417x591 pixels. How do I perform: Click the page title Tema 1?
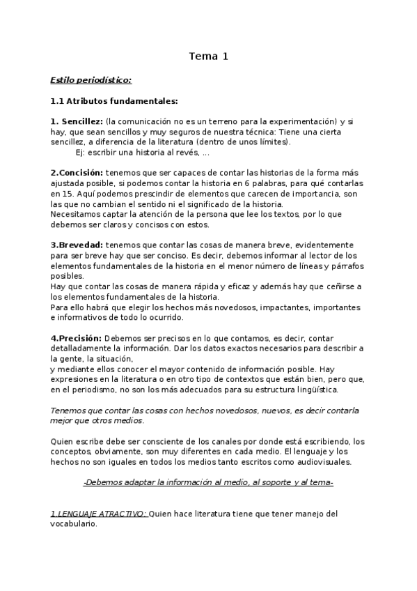pyautogui.click(x=208, y=56)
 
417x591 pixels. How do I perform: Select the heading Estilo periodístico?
pyautogui.click(x=91, y=80)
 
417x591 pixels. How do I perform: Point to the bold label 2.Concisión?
pyautogui.click(x=77, y=173)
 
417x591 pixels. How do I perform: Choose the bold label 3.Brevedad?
pyautogui.click(x=77, y=245)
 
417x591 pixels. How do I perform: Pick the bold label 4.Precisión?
pyautogui.click(x=77, y=338)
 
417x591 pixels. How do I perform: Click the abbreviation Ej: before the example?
pyautogui.click(x=81, y=153)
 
